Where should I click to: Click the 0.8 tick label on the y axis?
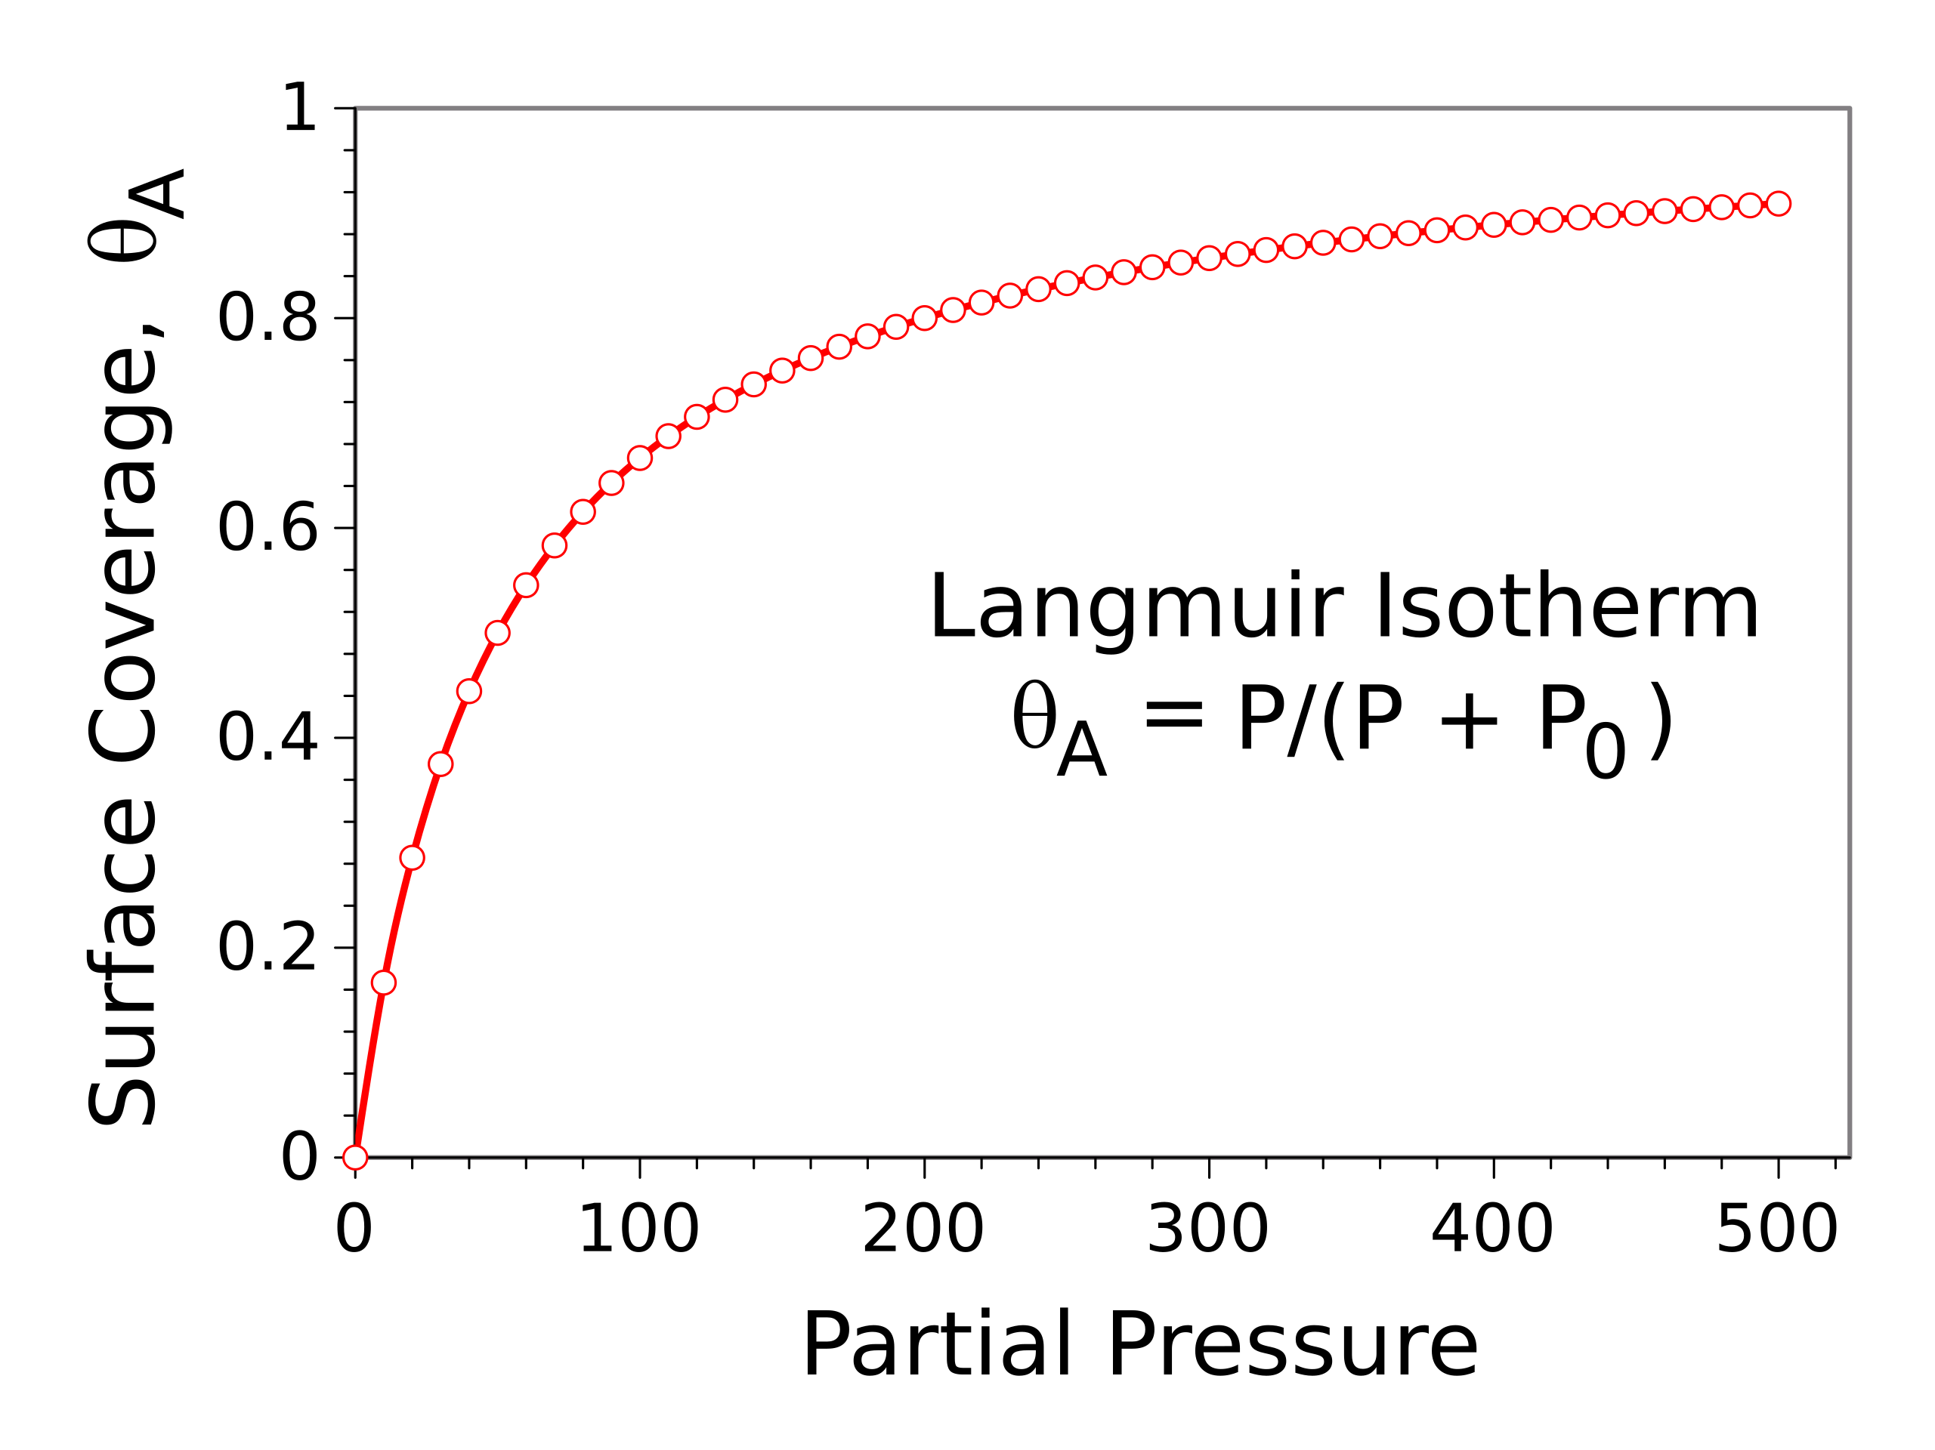[x=267, y=319]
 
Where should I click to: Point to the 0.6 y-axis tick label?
[x=267, y=528]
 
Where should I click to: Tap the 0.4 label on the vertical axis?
[x=267, y=738]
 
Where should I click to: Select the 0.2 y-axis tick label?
[x=267, y=948]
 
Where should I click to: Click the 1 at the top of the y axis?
[x=299, y=109]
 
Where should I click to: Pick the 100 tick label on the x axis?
[x=638, y=1230]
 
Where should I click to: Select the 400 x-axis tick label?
[x=1492, y=1230]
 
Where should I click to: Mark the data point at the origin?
[x=355, y=1158]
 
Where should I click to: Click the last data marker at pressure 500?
[x=1779, y=204]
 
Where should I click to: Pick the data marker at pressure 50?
[x=498, y=633]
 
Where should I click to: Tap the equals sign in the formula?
[x=1174, y=718]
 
